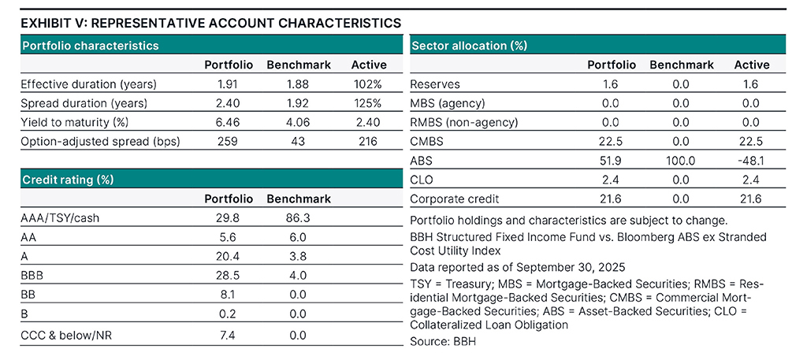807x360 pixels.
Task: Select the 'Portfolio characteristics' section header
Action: click(x=90, y=46)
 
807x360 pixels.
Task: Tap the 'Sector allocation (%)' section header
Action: click(x=469, y=46)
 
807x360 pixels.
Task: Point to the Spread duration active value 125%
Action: click(x=366, y=102)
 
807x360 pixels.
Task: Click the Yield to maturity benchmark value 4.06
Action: click(x=299, y=122)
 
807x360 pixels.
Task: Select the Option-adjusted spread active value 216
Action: click(x=366, y=141)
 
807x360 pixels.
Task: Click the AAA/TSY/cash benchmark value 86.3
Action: click(x=299, y=217)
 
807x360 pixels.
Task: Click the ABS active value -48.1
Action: click(x=752, y=160)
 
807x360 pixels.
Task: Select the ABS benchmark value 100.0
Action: click(x=682, y=160)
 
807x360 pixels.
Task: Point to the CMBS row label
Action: click(x=426, y=141)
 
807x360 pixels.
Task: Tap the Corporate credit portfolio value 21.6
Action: click(x=611, y=199)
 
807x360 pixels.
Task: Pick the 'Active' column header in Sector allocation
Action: click(x=752, y=65)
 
